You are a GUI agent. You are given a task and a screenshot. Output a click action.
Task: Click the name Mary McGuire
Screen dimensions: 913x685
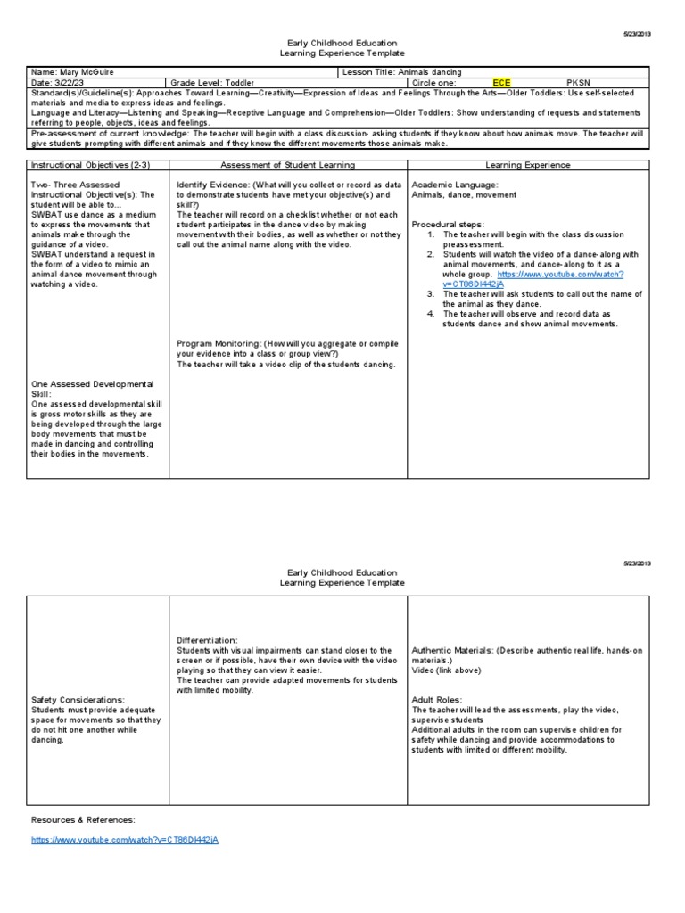coord(83,71)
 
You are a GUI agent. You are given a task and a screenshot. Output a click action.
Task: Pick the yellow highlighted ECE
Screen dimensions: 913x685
coord(502,83)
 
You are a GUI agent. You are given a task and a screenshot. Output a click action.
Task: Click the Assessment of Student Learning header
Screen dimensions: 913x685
coord(287,165)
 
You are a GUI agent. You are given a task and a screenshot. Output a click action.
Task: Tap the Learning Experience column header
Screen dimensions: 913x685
coord(529,165)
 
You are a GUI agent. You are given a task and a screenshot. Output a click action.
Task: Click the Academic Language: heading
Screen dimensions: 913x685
coord(455,184)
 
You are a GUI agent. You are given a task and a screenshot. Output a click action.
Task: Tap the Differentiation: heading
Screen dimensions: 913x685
coord(207,640)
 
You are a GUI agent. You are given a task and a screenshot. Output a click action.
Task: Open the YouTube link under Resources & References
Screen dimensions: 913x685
coord(124,841)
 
